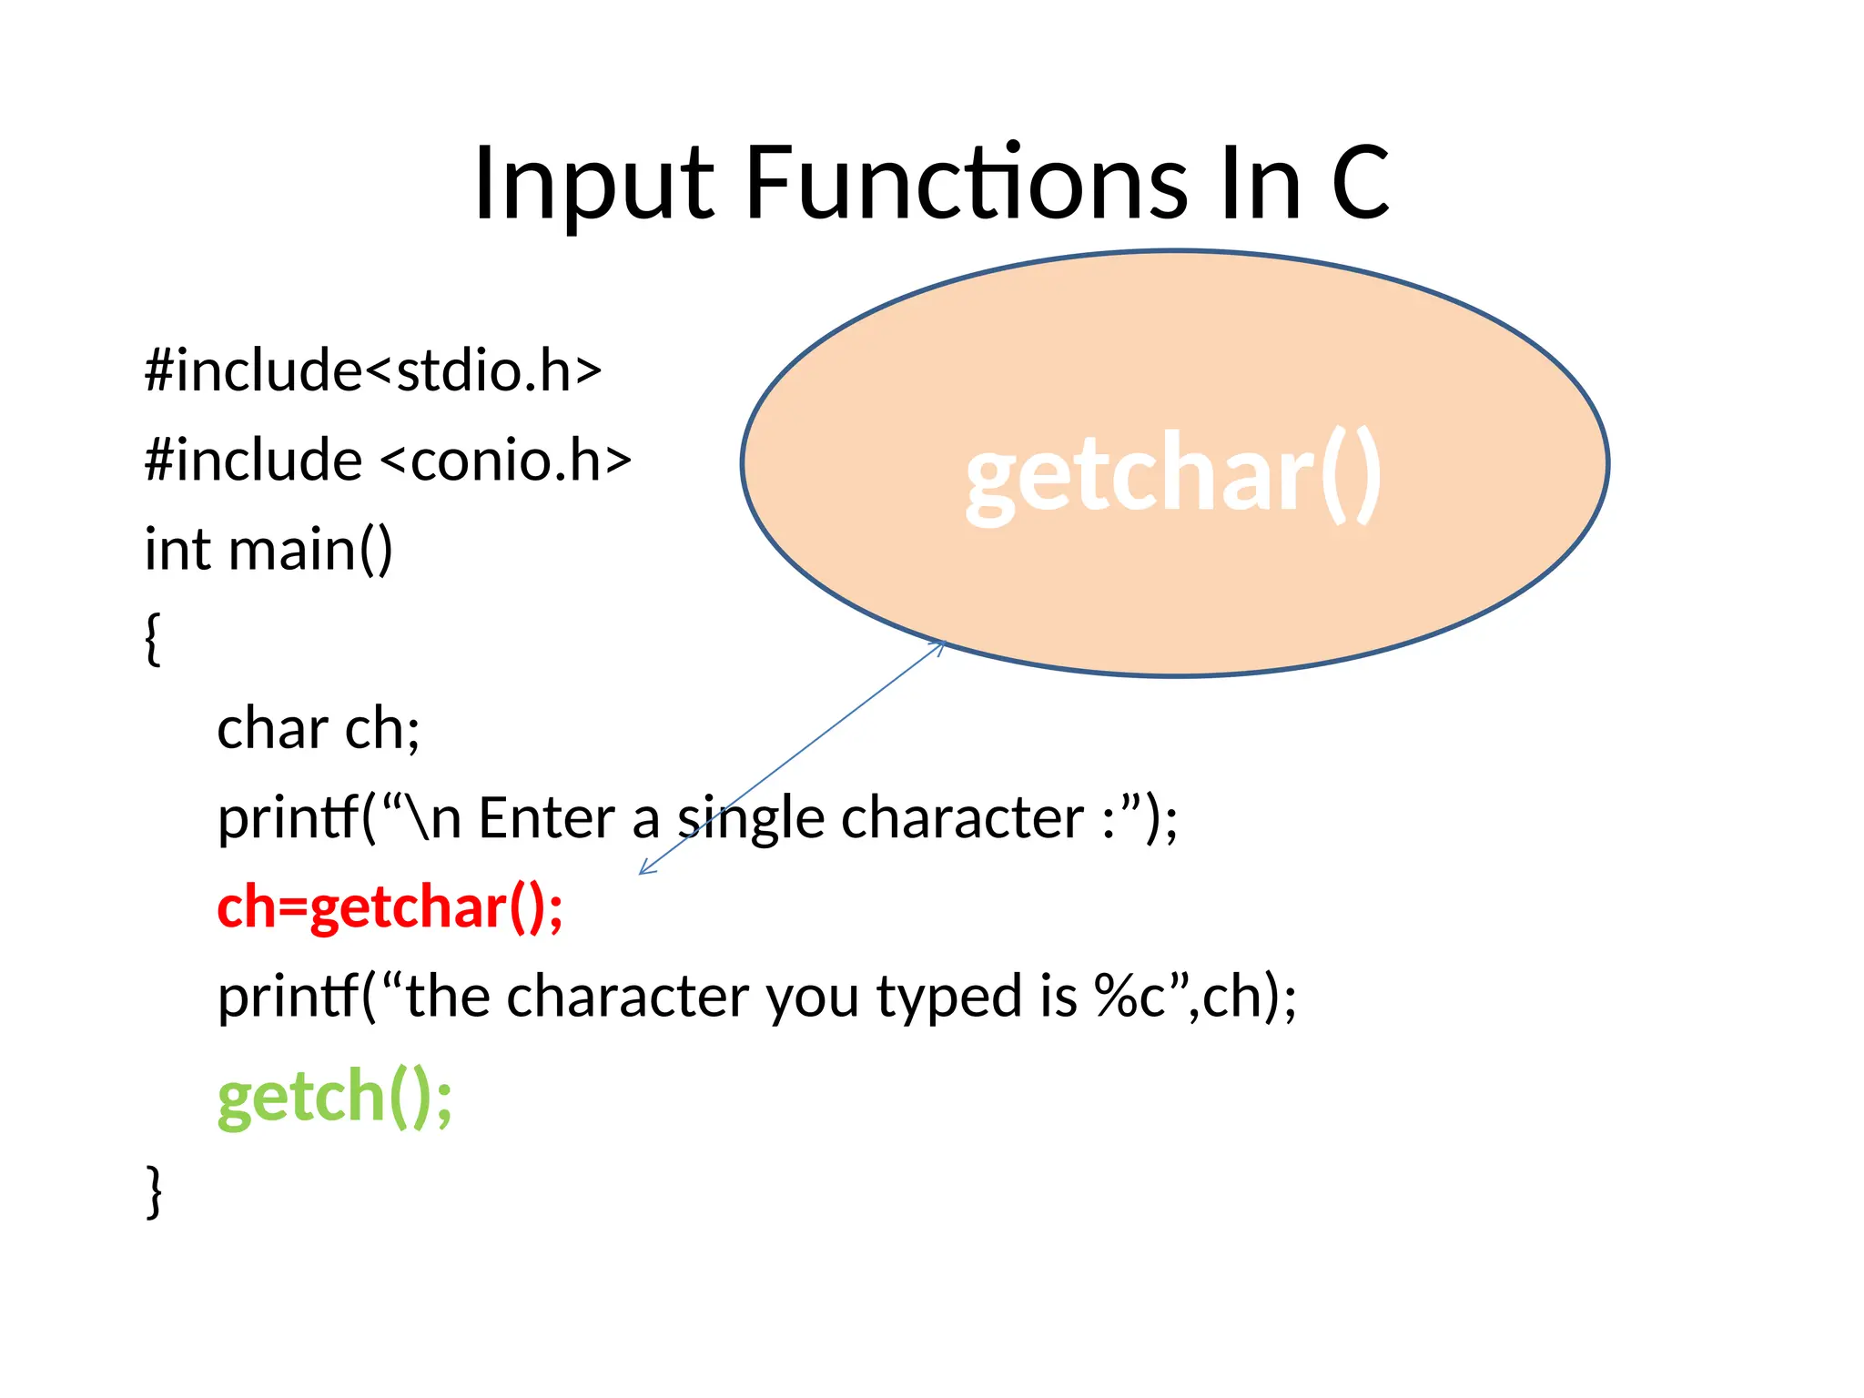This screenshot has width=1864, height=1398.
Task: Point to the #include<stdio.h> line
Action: pyautogui.click(x=373, y=371)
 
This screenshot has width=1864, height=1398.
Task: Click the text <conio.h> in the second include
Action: pyautogui.click(x=506, y=461)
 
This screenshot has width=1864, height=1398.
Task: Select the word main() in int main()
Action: pyautogui.click(x=310, y=550)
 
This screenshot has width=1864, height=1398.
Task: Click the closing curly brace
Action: pyautogui.click(x=154, y=1190)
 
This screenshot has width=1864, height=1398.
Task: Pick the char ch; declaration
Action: pyautogui.click(x=319, y=729)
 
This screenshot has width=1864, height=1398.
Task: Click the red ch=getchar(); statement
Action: pyautogui.click(x=390, y=908)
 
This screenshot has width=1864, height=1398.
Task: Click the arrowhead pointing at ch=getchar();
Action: pyautogui.click(x=645, y=868)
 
